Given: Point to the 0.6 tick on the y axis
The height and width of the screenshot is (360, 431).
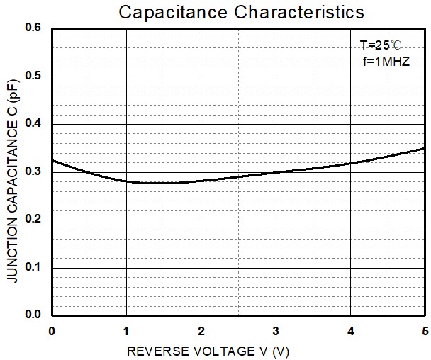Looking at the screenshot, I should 34,28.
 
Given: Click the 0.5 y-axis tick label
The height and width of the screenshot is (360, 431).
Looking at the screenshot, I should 34,77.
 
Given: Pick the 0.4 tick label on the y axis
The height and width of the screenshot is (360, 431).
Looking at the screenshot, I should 34,124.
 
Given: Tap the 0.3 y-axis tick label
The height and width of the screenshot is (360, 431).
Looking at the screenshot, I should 34,172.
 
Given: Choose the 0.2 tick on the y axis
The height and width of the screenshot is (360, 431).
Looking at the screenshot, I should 34,220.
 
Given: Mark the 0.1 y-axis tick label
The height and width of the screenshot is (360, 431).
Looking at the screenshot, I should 34,268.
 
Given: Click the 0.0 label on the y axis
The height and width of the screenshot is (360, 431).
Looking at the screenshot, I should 34,315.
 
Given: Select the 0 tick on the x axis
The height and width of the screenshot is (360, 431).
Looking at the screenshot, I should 52,331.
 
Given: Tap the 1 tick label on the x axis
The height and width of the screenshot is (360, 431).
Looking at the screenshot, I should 126,331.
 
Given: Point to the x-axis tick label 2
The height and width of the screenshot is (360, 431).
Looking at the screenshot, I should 201,331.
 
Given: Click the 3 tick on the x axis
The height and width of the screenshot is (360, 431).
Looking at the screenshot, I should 276,331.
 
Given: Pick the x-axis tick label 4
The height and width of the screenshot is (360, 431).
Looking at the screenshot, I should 350,331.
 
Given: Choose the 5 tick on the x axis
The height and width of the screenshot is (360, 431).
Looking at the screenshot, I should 425,331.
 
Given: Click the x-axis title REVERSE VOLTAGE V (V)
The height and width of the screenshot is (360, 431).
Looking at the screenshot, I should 208,351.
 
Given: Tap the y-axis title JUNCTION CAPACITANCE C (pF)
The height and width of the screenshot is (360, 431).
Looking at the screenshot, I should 13,181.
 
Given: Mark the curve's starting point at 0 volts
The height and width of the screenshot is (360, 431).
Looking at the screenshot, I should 52,160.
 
